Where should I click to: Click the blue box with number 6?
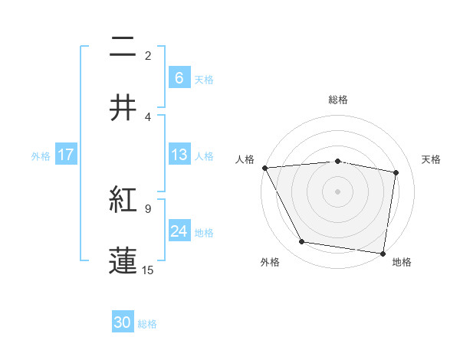click(x=179, y=77)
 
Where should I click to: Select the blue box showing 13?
click(x=179, y=155)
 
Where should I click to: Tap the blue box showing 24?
click(x=179, y=231)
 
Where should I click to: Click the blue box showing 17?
click(x=65, y=155)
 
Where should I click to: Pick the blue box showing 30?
click(x=123, y=323)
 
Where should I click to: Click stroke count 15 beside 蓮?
click(x=148, y=270)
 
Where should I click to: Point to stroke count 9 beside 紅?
click(x=148, y=208)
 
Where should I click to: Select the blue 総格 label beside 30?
click(x=147, y=324)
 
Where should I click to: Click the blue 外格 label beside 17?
click(x=41, y=155)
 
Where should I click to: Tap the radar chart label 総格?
click(x=337, y=100)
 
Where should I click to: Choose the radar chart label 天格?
click(x=432, y=159)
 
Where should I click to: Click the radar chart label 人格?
click(x=245, y=159)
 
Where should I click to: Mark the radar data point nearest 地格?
click(x=383, y=253)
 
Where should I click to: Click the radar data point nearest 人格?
click(x=264, y=168)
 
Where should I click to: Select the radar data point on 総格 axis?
click(x=337, y=161)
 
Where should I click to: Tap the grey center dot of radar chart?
click(x=337, y=191)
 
